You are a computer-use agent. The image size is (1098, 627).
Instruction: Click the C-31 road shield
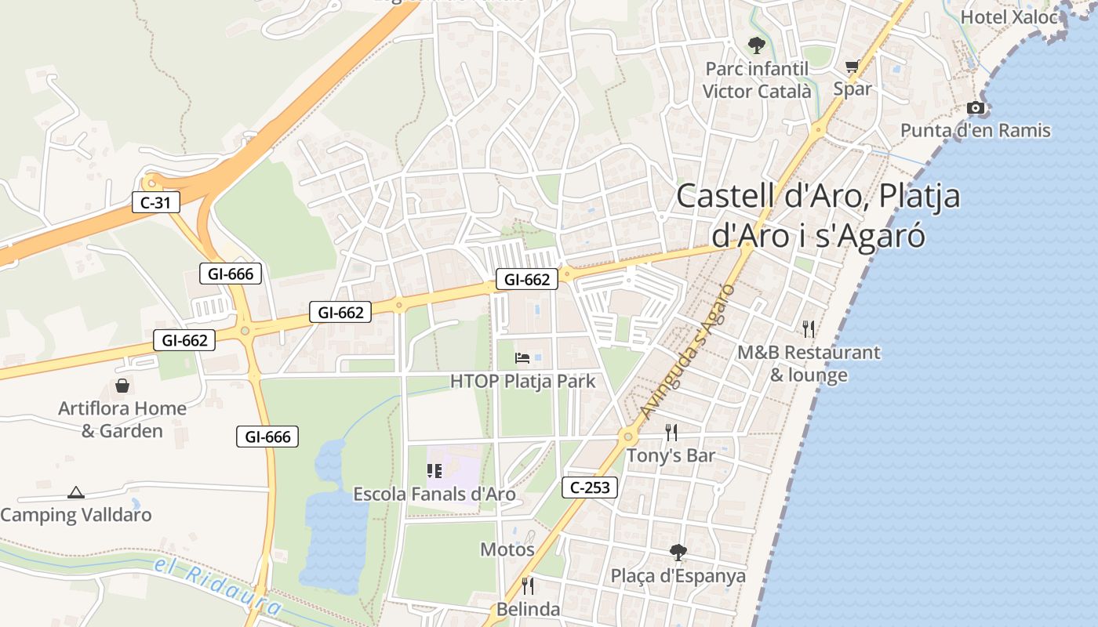point(155,203)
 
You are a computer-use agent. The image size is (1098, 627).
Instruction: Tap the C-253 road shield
point(590,487)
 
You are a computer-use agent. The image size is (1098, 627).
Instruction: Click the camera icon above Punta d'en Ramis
point(975,108)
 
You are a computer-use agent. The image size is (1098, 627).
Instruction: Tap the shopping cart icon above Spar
point(852,67)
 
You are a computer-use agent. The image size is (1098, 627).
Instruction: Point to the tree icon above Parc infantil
point(756,45)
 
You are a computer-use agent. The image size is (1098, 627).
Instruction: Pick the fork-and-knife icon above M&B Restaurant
point(809,328)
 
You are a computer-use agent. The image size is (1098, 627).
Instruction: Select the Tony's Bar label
point(671,455)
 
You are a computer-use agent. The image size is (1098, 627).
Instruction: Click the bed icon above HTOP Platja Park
point(522,359)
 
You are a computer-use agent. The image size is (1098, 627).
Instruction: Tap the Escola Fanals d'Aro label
point(434,494)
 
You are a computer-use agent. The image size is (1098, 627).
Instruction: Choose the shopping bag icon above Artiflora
point(122,386)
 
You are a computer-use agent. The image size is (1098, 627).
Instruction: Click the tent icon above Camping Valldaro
point(75,492)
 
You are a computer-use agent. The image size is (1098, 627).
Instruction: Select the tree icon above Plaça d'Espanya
point(678,553)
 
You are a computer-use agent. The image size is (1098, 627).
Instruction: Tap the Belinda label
point(528,609)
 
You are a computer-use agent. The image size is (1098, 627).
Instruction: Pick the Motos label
point(507,549)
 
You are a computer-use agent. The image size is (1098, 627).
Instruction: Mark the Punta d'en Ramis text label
point(975,130)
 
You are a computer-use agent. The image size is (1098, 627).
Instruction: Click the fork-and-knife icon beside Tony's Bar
point(671,432)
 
